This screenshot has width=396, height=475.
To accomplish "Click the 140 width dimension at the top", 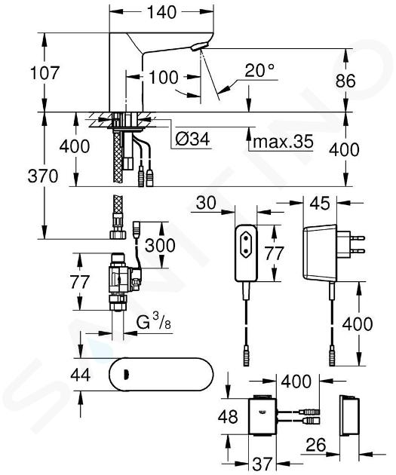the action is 161,12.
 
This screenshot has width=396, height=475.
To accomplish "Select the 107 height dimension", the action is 45,73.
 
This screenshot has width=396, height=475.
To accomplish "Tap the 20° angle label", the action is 259,70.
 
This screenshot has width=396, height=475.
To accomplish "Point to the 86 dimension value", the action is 345,81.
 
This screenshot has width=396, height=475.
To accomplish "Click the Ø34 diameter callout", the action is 192,139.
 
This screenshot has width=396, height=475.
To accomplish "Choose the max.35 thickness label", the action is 283,141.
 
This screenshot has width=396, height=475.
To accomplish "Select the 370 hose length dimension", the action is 43,176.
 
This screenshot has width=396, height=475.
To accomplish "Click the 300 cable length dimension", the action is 160,245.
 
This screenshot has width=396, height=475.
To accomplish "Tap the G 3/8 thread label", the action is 154,323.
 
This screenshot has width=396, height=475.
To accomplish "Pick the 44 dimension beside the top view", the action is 80,375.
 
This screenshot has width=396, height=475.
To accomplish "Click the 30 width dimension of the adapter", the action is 206,203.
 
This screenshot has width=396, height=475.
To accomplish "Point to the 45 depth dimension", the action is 320,203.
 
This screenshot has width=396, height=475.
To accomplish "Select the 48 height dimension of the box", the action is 228,416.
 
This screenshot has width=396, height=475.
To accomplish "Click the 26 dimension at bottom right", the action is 316,445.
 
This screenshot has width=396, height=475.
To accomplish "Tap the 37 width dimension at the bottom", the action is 262,464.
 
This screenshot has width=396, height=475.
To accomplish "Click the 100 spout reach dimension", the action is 164,77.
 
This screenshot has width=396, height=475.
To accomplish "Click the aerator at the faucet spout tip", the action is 199,46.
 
